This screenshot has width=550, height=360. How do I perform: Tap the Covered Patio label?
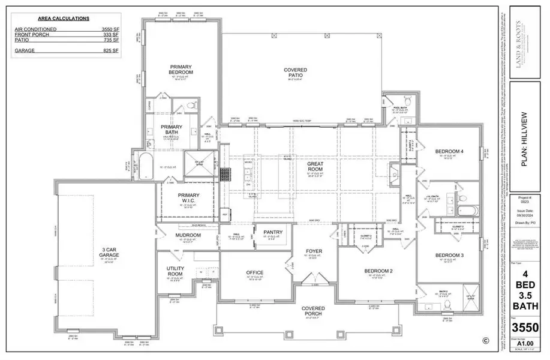[x=295, y=73]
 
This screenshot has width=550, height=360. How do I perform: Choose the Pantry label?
[x=265, y=231]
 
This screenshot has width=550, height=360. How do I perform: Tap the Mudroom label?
[x=188, y=235]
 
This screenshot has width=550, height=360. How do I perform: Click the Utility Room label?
[x=179, y=271]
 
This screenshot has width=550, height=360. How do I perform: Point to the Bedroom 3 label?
[x=450, y=256]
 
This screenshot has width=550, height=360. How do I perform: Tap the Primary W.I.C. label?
[x=188, y=198]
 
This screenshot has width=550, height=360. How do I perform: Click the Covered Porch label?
[x=312, y=311]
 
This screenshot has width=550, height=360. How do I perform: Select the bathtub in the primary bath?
[x=145, y=166]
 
